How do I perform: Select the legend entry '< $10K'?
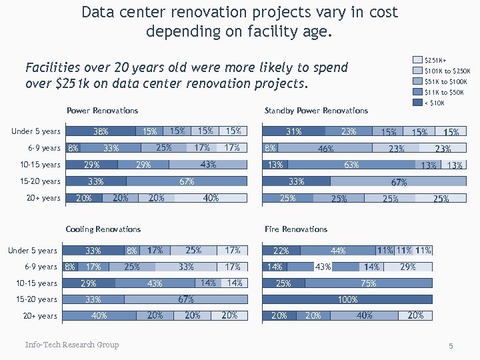pyautogui.click(x=434, y=103)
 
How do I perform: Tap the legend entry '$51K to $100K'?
pyautogui.click(x=445, y=81)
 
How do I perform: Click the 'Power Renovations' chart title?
pyautogui.click(x=102, y=111)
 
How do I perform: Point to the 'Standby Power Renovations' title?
pyautogui.click(x=316, y=111)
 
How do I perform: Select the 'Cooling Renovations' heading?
pyautogui.click(x=103, y=229)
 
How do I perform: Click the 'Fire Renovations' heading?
pyautogui.click(x=296, y=229)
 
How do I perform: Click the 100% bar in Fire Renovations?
pyautogui.click(x=347, y=299)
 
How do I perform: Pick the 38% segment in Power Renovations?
pyautogui.click(x=100, y=131)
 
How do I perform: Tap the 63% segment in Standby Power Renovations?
pyautogui.click(x=351, y=165)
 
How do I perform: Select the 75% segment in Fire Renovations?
pyautogui.click(x=368, y=283)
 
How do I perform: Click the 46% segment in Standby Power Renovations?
pyautogui.click(x=325, y=148)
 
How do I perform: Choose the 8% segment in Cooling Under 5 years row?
pyautogui.click(x=132, y=251)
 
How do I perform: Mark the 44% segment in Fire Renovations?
pyautogui.click(x=338, y=251)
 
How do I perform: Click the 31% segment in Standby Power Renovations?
pyautogui.click(x=294, y=131)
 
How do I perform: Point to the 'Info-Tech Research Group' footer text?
pyautogui.click(x=72, y=345)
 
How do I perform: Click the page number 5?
pyautogui.click(x=451, y=346)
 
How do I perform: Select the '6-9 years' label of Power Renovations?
pyautogui.click(x=44, y=148)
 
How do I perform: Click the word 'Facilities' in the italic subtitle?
pyautogui.click(x=50, y=68)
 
